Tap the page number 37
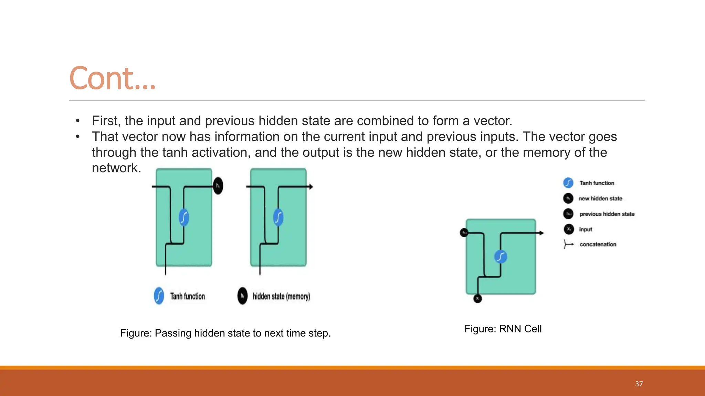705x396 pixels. [639, 384]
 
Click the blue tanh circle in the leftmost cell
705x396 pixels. [184, 217]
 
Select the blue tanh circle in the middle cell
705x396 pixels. [278, 217]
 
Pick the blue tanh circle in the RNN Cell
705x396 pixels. [501, 256]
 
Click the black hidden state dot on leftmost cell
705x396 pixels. [218, 186]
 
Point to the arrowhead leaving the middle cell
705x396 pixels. [311, 187]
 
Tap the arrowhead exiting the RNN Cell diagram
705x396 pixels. [542, 233]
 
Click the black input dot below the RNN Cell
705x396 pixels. [477, 298]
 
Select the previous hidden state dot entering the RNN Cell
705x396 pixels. [464, 233]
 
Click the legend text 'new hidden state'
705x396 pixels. [600, 198]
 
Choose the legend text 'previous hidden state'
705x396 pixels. [607, 214]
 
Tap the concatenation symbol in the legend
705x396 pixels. [568, 244]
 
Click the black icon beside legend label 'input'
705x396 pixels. [569, 229]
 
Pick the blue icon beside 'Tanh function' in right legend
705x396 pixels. [568, 183]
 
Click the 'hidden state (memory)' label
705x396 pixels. [281, 296]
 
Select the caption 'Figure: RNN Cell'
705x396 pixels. [503, 329]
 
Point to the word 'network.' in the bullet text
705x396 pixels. [116, 168]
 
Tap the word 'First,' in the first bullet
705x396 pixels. [106, 121]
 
